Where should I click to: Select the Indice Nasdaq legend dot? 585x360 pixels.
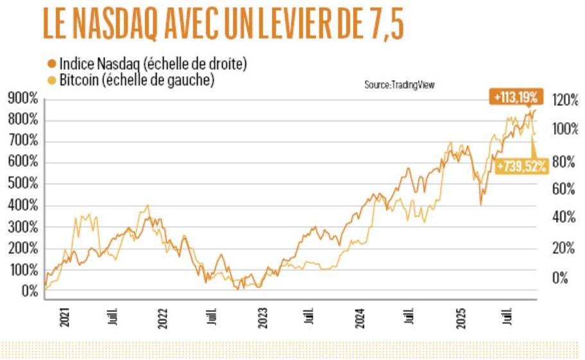[x=51, y=64]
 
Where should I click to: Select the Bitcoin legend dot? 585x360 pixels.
[x=51, y=81]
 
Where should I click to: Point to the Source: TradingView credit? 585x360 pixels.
[x=399, y=85]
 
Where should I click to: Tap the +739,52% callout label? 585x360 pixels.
[x=521, y=166]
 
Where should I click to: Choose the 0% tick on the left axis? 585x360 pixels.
[x=30, y=292]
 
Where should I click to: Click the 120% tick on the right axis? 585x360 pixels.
[x=566, y=100]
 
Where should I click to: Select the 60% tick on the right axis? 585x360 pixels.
[x=566, y=189]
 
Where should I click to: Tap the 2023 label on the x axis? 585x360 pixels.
[x=263, y=316]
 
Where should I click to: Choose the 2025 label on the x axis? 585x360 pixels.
[x=460, y=316]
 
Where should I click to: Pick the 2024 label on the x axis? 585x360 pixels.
[x=361, y=316]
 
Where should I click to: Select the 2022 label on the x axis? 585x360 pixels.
[x=163, y=316]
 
